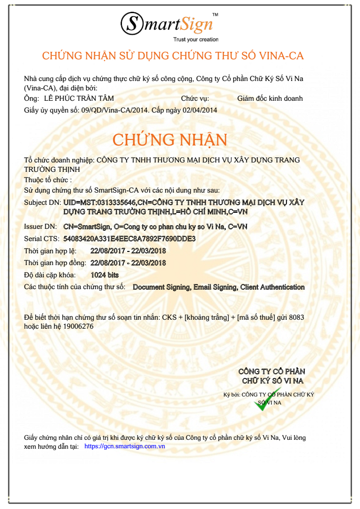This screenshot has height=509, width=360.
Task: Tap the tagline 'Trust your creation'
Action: pyautogui.click(x=196, y=40)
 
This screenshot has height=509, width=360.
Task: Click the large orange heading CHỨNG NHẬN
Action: pyautogui.click(x=170, y=140)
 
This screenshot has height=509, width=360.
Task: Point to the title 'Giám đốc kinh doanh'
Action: pyautogui.click(x=270, y=98)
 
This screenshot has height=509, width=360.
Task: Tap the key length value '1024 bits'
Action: pyautogui.click(x=105, y=275)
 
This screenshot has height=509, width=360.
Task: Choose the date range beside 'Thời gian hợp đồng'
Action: pyautogui.click(x=128, y=263)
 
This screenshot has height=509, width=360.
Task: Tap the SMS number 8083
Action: pyautogui.click(x=297, y=318)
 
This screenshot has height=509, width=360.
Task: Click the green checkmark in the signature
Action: pyautogui.click(x=266, y=400)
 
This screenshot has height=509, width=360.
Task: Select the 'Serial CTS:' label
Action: pyautogui.click(x=41, y=239)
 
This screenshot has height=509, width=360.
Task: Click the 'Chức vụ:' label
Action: pyautogui.click(x=195, y=98)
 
